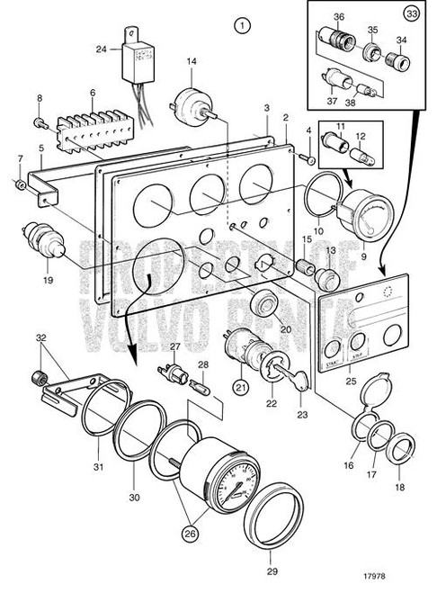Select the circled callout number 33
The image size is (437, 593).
tap(413, 14)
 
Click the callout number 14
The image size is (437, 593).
tap(191, 61)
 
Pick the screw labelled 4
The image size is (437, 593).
tap(310, 160)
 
